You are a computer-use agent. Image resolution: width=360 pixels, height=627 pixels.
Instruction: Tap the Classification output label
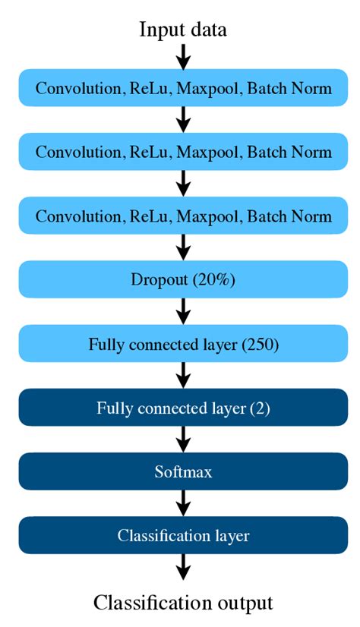[183, 603]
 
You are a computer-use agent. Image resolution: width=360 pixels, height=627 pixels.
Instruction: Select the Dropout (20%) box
[183, 280]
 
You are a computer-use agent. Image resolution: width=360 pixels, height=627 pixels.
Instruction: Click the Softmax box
[183, 471]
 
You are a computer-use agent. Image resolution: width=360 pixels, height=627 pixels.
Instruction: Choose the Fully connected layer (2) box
[183, 408]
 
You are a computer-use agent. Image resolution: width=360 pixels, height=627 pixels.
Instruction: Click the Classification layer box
[183, 535]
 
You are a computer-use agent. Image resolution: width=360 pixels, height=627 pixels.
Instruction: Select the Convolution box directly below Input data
[183, 89]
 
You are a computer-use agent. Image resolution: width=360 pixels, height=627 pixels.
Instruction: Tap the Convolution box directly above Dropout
[183, 216]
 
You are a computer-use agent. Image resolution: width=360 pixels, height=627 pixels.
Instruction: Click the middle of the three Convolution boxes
[183, 153]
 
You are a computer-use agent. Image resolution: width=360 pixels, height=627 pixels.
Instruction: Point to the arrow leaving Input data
[183, 56]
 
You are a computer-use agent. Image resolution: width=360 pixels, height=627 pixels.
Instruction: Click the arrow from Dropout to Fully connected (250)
[183, 312]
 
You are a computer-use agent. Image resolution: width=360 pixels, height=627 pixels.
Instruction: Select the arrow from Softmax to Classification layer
[183, 503]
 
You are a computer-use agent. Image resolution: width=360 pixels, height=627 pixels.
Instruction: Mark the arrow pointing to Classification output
[183, 568]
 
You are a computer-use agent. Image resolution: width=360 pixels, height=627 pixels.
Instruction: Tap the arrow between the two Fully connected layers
[183, 376]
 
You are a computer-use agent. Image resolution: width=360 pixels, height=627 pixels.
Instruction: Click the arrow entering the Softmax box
[183, 440]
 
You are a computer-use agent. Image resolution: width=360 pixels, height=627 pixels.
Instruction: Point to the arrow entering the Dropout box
[183, 248]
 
